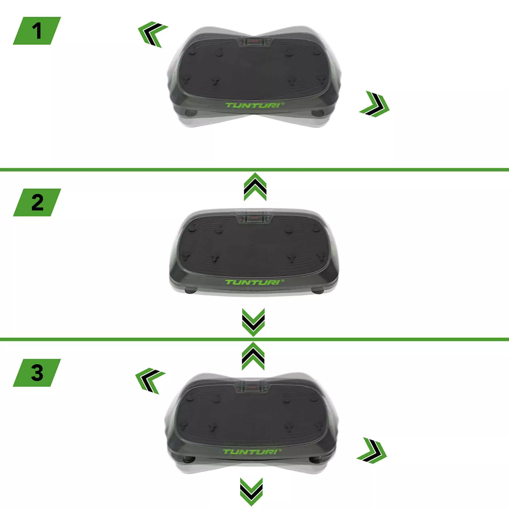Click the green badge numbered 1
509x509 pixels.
tap(37, 31)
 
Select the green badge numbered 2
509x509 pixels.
tap(37, 202)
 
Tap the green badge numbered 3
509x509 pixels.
tap(37, 373)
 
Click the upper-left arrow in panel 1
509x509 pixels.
tap(152, 34)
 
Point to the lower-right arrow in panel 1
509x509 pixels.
tap(375, 104)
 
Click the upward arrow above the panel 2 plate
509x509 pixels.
tap(255, 187)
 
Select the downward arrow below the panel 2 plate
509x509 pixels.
tap(253, 322)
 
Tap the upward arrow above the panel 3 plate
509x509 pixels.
tap(253, 356)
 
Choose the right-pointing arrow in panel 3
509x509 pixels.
tap(372, 450)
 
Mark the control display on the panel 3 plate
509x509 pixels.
tap(252, 388)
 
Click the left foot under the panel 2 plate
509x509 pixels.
tap(191, 291)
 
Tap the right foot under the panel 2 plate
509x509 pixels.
tap(318, 291)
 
